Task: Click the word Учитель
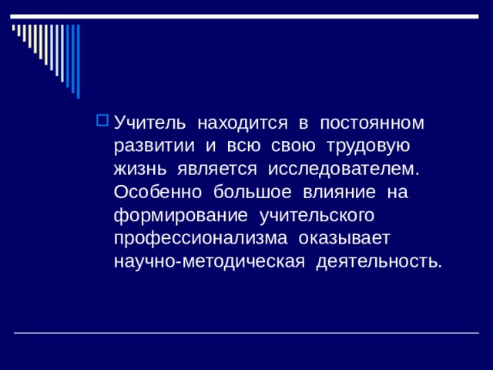[x=149, y=123]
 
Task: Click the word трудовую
[x=368, y=146]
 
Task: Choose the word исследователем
[x=343, y=169]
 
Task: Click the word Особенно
[x=153, y=191]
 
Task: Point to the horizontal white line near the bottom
[x=246, y=333]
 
